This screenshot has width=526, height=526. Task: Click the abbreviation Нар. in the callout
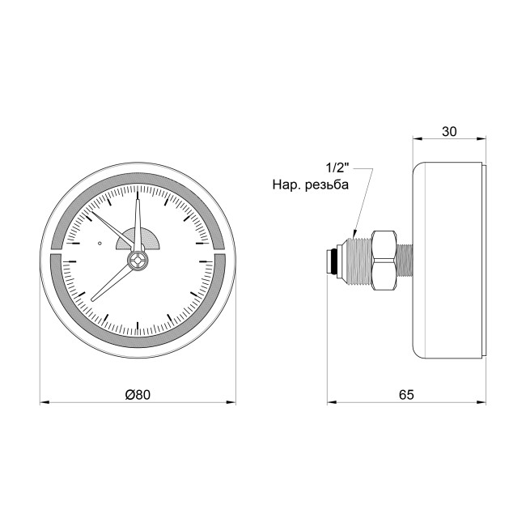tap(286, 185)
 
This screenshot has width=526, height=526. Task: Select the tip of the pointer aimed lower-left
tap(92, 300)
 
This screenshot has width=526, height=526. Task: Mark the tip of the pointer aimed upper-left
tap(95, 213)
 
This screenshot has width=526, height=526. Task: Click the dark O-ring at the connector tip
tap(330, 261)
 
